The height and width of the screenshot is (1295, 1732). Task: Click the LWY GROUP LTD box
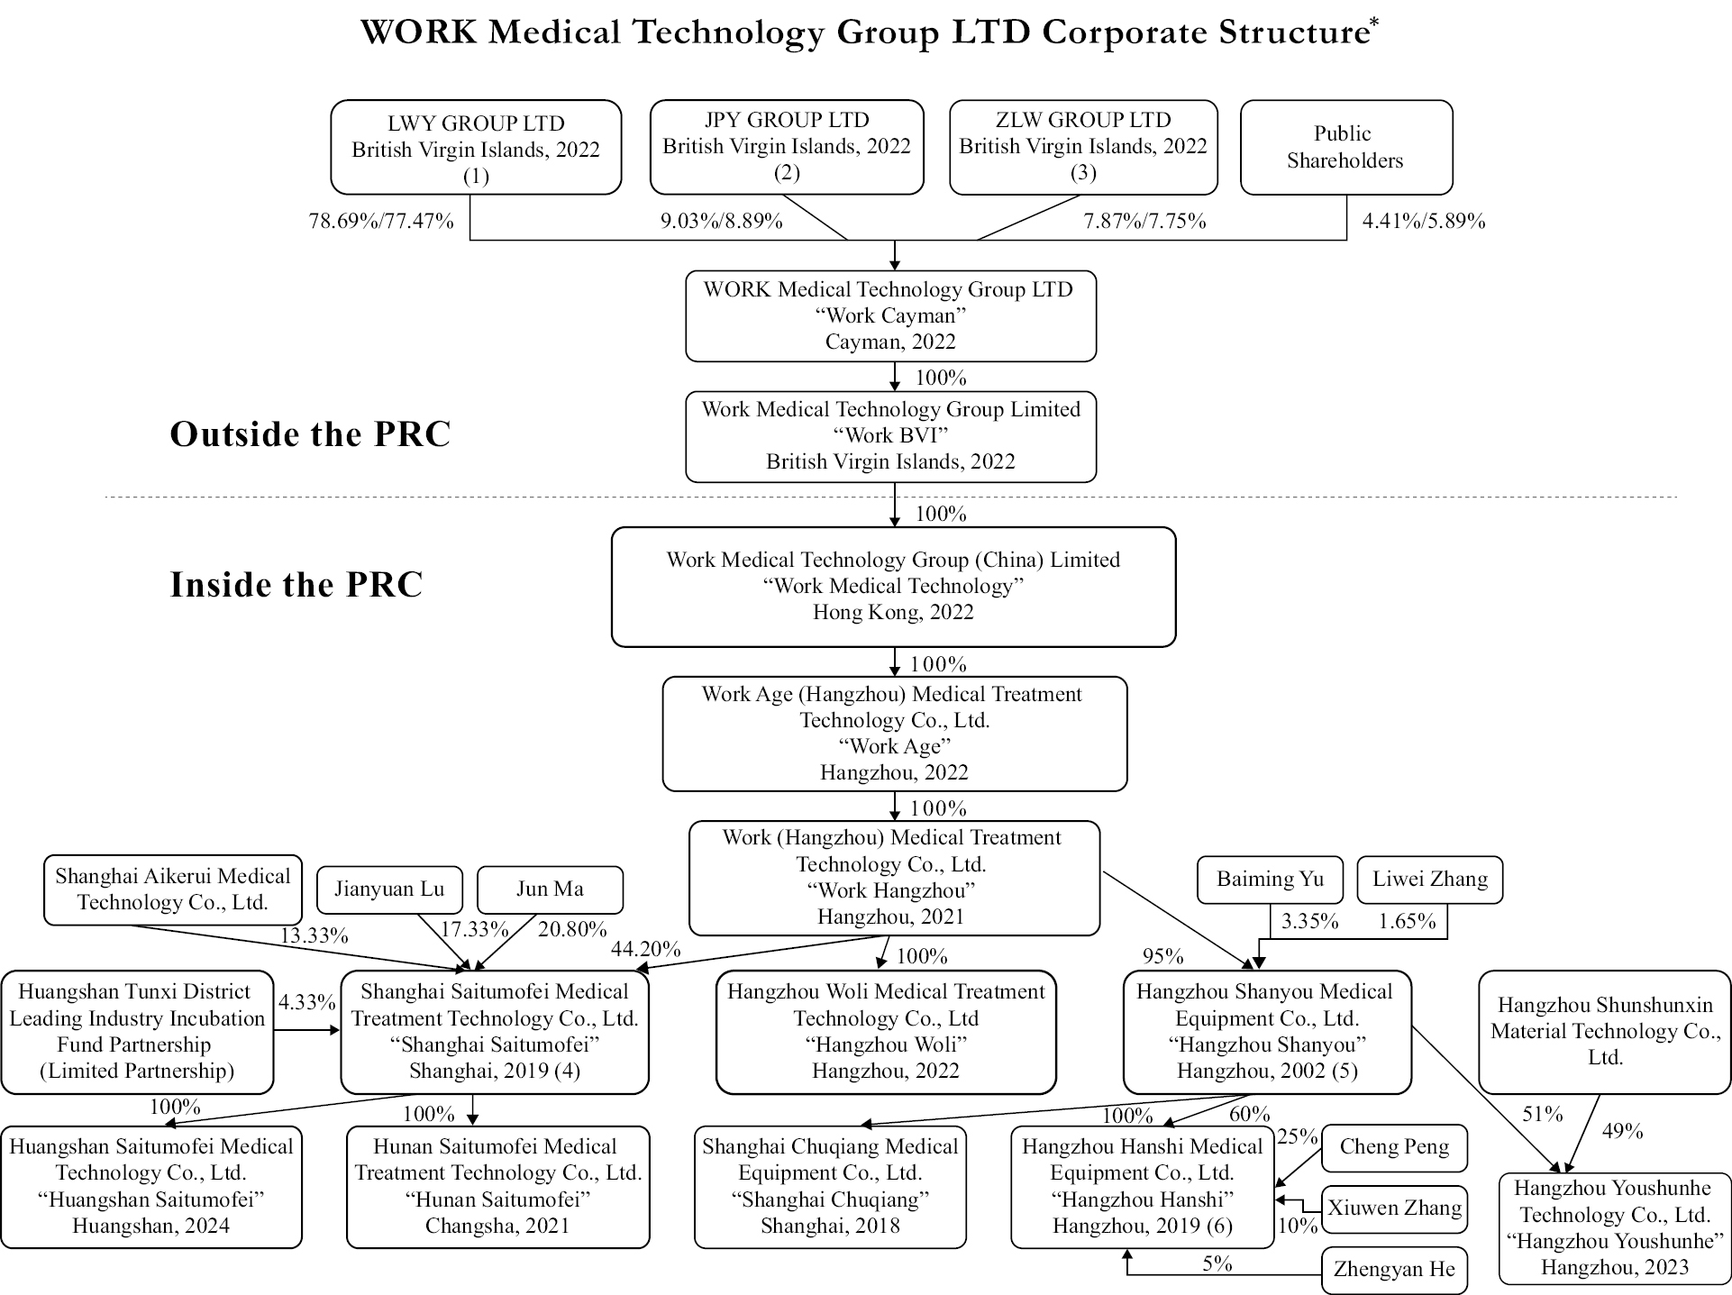476,148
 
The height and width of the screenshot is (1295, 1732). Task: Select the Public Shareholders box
1345,147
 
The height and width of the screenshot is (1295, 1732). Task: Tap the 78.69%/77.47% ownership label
381,221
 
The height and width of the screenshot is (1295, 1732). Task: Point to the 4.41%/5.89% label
1423,221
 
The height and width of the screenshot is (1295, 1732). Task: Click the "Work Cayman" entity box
890,315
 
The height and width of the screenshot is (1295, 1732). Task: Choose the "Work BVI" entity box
890,436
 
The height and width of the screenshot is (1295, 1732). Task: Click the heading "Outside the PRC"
310,434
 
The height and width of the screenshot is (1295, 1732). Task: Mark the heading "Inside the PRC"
296,585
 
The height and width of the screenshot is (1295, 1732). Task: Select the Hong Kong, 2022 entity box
893,587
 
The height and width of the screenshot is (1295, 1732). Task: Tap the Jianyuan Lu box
389,889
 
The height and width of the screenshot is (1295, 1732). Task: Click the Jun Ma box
550,889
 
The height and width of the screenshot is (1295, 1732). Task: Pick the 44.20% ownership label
645,949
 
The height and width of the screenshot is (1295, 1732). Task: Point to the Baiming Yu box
1270,880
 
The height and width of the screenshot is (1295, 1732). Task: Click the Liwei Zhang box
1429,880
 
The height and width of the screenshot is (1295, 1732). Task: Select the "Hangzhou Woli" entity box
886,1032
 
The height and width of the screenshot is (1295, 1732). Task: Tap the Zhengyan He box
1394,1269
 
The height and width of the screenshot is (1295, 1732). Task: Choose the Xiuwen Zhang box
1394,1208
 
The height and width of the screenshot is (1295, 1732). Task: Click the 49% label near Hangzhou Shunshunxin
1622,1131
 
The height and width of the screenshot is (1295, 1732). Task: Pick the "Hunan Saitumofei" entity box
497,1187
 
